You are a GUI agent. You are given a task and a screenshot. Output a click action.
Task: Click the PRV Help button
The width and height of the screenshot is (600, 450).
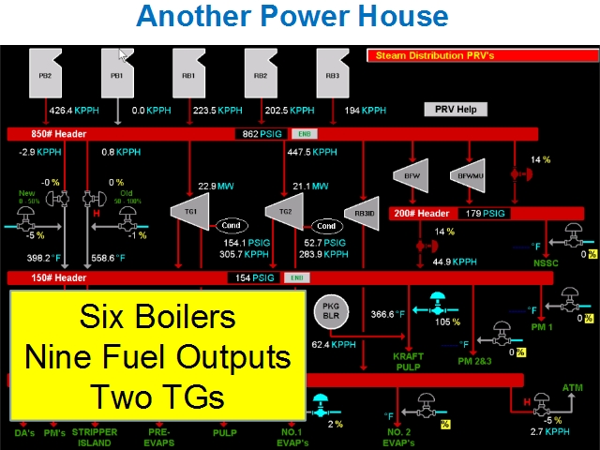(x=456, y=109)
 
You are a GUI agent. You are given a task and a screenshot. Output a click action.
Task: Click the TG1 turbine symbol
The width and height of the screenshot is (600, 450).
(x=190, y=211)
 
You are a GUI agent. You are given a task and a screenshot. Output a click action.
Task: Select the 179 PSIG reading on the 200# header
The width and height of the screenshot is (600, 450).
(x=486, y=214)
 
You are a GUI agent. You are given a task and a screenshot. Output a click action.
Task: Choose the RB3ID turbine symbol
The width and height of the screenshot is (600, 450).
(x=363, y=212)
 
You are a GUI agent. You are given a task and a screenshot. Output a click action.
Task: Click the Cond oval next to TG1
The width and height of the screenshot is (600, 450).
(x=231, y=225)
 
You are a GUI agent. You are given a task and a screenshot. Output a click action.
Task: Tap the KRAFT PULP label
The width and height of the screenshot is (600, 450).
(x=410, y=362)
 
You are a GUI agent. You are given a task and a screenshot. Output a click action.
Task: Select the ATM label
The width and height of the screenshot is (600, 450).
(x=572, y=387)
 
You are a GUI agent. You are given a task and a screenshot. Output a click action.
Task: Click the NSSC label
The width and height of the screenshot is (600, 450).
(x=546, y=263)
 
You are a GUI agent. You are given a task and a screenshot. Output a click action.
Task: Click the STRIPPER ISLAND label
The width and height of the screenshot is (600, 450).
(x=94, y=437)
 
